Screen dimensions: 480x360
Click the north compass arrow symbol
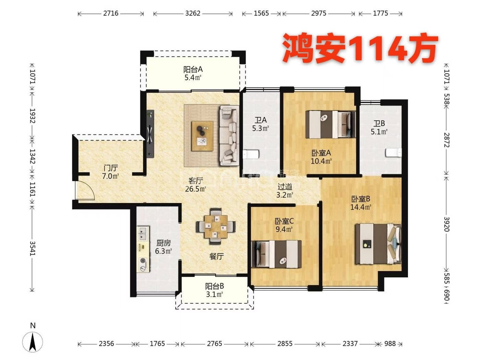pos(33,342)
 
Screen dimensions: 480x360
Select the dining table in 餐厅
pos(216,226)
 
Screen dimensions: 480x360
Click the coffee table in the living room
pos(202,136)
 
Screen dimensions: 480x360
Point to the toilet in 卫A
pos(251,154)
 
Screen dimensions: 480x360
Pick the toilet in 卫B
pos(394,153)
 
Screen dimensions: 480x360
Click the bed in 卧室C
pos(276,254)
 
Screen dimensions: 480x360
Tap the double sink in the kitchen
pos(143,233)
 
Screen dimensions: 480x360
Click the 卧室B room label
pos(361,199)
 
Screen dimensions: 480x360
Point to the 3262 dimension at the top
pos(193,14)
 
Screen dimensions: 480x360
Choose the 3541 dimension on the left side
pos(32,248)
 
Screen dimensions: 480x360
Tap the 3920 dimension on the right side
pos(446,224)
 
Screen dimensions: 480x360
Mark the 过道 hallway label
pos(285,187)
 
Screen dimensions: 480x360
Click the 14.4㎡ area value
pos(361,207)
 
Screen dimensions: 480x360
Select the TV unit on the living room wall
pos(150,134)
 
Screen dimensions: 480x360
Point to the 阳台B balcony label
pos(214,286)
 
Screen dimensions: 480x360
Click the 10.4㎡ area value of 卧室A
pos(321,161)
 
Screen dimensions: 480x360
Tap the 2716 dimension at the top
pos(111,14)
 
